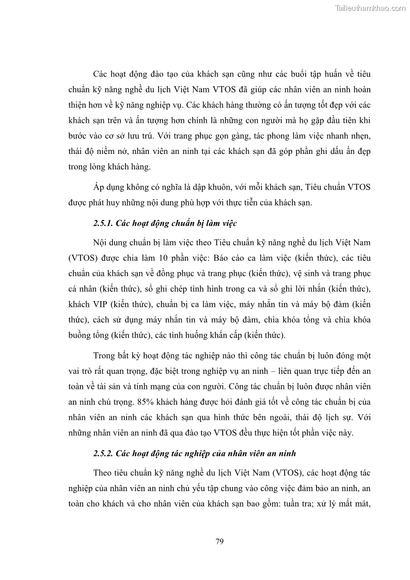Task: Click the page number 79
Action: [219, 541]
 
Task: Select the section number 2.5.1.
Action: [103, 224]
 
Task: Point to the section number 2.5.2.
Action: [103, 453]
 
